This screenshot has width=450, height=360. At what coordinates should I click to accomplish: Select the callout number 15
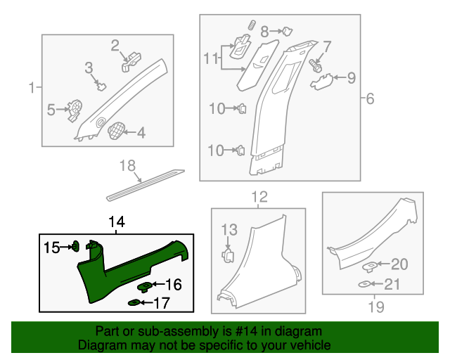[x=53, y=247]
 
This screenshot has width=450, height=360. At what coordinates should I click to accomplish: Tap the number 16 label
[x=173, y=285]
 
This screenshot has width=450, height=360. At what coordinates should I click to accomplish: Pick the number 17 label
[x=162, y=303]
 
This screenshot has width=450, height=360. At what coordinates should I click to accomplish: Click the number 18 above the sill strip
[x=127, y=166]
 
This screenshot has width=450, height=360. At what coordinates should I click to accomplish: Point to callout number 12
[x=259, y=196]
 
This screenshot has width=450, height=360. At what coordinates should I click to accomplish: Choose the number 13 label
[x=231, y=229]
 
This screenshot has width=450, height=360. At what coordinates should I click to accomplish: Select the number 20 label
[x=399, y=264]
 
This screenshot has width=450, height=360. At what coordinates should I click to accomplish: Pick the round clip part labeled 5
[x=72, y=109]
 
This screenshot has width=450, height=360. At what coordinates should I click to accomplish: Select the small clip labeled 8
[x=287, y=30]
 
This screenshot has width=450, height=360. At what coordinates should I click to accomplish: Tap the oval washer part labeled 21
[x=366, y=284]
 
